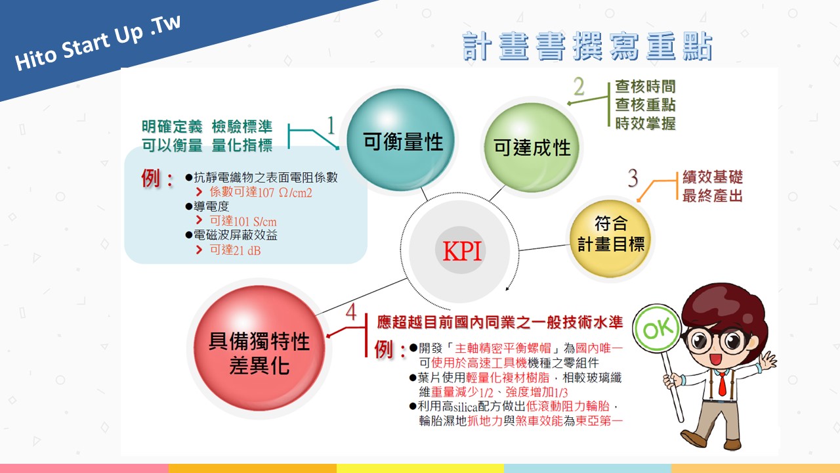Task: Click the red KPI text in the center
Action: (461, 250)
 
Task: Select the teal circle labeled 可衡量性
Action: (400, 140)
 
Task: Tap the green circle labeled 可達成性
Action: (532, 148)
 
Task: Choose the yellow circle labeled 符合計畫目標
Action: (610, 238)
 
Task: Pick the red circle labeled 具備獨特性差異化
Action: (259, 348)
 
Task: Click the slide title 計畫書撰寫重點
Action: (587, 47)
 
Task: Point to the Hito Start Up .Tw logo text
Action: (98, 43)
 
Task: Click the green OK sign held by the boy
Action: (657, 328)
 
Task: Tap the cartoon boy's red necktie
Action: (722, 384)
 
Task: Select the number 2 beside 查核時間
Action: (579, 87)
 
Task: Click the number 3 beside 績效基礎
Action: (633, 177)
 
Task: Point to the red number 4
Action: (351, 311)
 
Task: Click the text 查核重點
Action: (645, 104)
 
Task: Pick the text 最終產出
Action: (713, 196)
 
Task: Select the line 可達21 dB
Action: (235, 250)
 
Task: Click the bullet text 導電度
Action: (211, 206)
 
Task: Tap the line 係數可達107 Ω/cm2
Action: (261, 192)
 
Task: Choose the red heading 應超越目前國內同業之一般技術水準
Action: (499, 322)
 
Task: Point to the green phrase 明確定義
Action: (172, 127)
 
